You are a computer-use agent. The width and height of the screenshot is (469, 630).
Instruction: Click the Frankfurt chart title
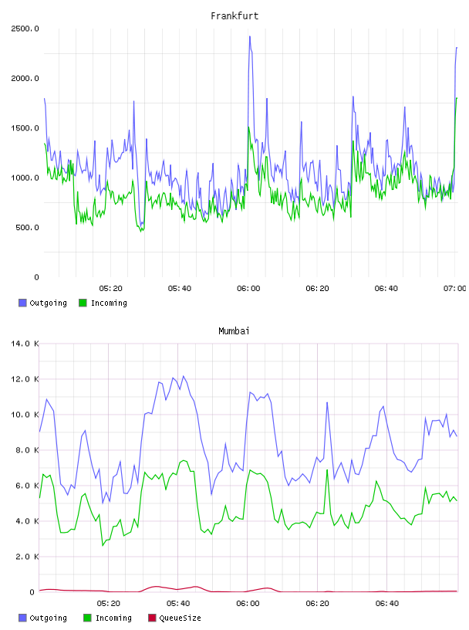coord(235,16)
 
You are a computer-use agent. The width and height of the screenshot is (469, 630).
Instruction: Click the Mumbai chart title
coord(234,331)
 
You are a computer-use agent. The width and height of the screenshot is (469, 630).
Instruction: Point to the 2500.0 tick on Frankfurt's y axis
coord(25,29)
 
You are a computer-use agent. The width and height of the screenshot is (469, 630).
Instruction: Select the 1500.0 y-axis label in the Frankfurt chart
coord(25,128)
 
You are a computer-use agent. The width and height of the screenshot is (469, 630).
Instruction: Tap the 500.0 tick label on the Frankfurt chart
coord(27,228)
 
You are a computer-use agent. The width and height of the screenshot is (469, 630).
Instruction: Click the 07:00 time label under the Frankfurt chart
coord(454,289)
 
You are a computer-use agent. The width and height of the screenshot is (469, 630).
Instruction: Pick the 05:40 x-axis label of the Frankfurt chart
coord(180,289)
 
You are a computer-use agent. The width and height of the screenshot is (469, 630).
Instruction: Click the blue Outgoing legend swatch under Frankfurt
coord(22,303)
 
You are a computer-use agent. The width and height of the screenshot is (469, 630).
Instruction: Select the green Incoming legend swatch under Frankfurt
coord(83,303)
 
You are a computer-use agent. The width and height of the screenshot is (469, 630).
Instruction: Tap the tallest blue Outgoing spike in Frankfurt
coord(250,36)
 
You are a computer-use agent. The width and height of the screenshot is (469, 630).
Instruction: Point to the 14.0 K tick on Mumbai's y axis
coord(25,344)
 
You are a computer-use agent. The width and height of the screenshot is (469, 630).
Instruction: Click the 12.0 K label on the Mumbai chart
coord(25,379)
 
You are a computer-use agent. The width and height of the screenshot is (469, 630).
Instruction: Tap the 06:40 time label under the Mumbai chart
coord(387,604)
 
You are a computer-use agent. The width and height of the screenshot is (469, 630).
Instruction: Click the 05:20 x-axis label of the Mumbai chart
coord(109,604)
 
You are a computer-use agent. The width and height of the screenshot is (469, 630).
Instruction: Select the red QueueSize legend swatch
coord(152,618)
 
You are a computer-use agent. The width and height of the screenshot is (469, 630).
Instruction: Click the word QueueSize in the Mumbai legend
coord(181,618)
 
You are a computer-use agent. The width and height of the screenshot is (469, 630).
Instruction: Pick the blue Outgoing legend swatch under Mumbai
coord(22,618)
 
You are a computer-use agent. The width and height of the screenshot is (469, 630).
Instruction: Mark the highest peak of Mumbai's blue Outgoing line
coord(184,376)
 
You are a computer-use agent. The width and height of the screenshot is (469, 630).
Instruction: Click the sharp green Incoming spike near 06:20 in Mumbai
coord(327,469)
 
